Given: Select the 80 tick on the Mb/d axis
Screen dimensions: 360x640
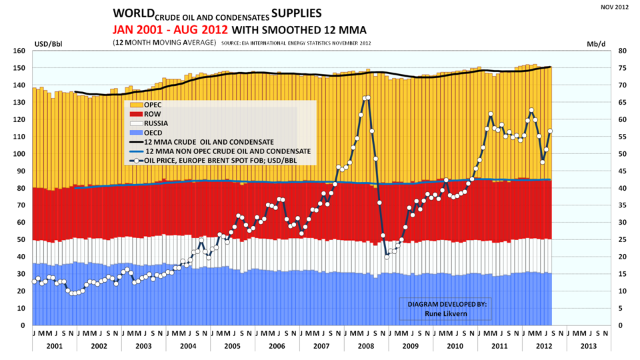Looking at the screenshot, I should tap(621, 51).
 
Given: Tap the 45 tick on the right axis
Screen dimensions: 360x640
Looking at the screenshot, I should tap(621, 171).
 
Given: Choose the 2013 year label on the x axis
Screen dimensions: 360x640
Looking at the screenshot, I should tap(589, 346).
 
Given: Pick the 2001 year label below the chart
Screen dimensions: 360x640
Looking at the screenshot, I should tap(54, 346).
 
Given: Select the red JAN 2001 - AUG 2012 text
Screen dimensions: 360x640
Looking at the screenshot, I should tap(170, 29).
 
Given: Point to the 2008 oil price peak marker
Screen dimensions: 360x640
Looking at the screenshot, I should tap(368, 98).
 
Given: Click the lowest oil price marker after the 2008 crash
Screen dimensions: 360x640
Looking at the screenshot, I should tap(387, 257).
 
